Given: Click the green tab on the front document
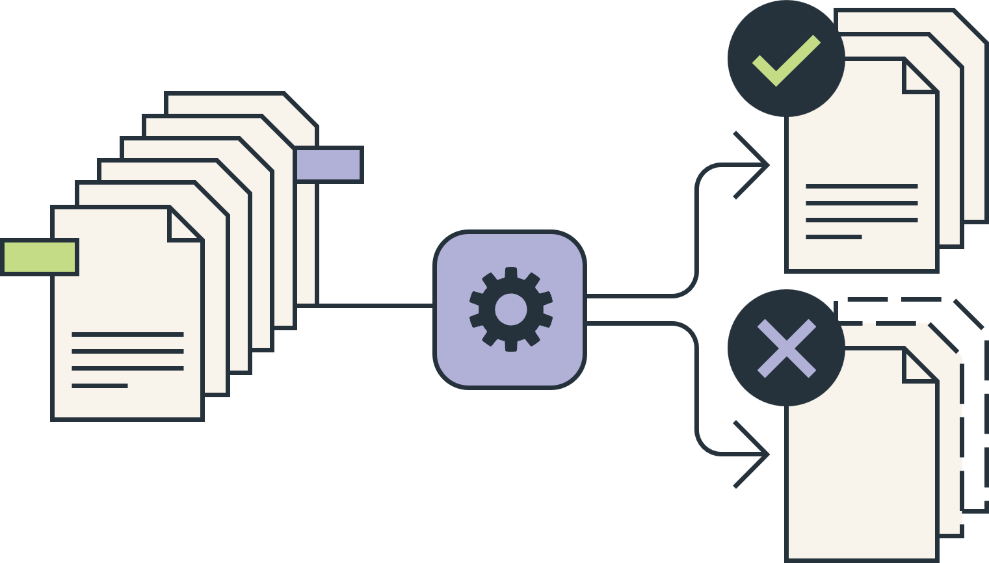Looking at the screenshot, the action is coord(40,257).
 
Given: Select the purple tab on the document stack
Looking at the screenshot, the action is coord(329,164).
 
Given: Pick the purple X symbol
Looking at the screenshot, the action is coord(786,348).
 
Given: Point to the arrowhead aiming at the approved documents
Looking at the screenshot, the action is coord(754,165).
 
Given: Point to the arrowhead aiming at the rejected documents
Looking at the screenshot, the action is coord(754,454).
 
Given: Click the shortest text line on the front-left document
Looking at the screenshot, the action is coord(99,386).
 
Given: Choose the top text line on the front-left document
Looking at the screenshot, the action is coord(127,334).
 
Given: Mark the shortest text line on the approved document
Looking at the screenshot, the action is coord(834,237).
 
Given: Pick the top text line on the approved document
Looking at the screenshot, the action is coord(862,186).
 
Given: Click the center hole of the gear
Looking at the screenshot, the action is coord(510,309).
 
